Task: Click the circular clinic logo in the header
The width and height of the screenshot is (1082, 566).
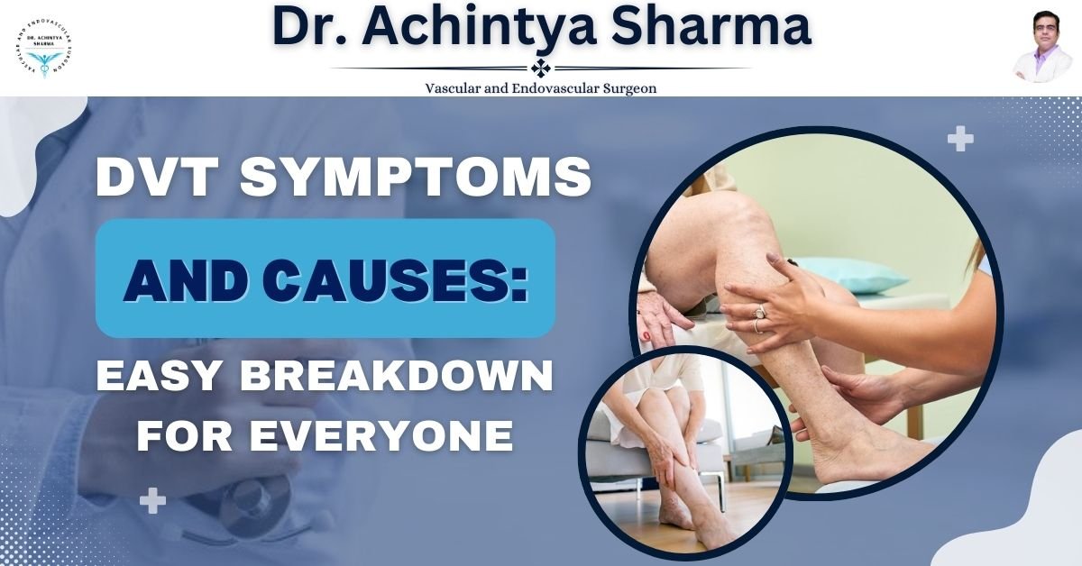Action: click(x=45, y=49)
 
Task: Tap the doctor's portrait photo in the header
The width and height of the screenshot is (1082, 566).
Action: click(x=1039, y=49)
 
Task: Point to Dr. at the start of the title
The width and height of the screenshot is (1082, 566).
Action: click(x=307, y=29)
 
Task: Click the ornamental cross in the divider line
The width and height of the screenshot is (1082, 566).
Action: click(x=540, y=68)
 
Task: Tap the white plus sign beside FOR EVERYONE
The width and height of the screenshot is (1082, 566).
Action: click(x=152, y=500)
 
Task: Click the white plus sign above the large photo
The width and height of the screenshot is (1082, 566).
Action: click(x=960, y=140)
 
